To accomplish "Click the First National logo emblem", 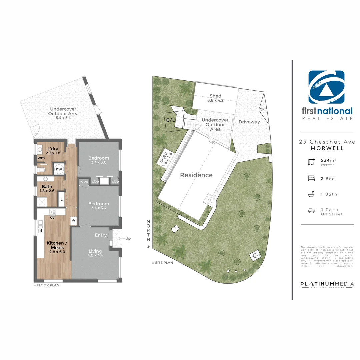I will tap(326, 88).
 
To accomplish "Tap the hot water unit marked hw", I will tap(59, 169).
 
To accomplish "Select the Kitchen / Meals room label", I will tap(56, 247).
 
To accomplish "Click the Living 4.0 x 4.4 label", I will tap(95, 253).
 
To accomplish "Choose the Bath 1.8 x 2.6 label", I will tap(47, 189).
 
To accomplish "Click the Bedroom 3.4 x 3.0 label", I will tap(98, 160).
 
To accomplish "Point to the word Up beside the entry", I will tap(128, 239).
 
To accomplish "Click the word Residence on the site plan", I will tap(196, 175).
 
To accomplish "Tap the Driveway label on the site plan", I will tap(249, 122).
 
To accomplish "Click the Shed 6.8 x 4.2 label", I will tap(215, 98).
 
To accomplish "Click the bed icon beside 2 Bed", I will tap(311, 178).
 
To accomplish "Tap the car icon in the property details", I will tap(311, 210).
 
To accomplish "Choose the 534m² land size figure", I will tap(327, 161).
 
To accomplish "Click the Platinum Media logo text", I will tap(327, 284).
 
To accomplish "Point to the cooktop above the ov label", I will tap(53, 212).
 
